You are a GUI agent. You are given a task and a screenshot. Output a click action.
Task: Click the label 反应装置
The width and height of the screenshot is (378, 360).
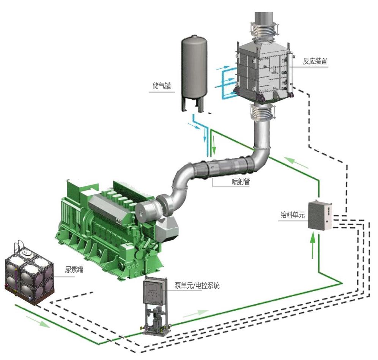click(315, 61)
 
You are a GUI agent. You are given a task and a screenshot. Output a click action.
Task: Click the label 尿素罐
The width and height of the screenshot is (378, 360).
click(74, 270)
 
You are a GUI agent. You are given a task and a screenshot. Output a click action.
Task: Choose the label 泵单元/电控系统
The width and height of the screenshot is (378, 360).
click(197, 286)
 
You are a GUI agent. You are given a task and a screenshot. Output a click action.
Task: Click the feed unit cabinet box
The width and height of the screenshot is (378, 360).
click(320, 215)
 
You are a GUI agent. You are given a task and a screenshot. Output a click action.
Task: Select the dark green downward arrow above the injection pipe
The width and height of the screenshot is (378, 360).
click(214, 144)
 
